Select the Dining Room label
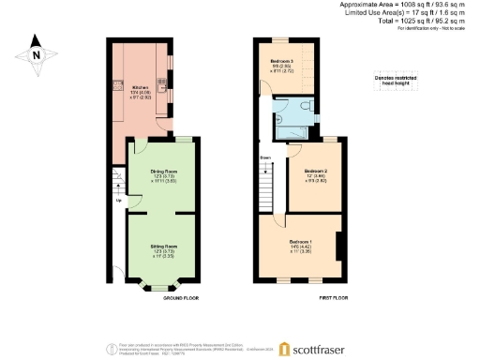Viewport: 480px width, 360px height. coord(164,172)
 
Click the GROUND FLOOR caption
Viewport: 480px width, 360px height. coord(180,297)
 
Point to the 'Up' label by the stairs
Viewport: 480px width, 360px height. coord(118,200)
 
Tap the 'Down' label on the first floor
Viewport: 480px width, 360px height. coord(266,157)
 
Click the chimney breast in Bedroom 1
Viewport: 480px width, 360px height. coord(338,246)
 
